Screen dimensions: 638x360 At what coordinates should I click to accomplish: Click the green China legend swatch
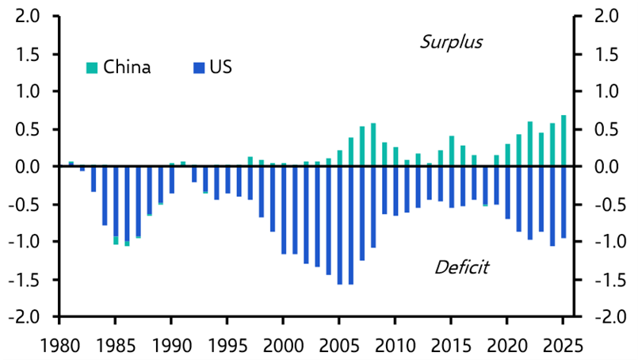click(x=92, y=67)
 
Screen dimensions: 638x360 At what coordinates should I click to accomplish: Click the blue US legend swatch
click(x=199, y=67)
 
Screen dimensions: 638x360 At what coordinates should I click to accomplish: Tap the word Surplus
click(x=451, y=42)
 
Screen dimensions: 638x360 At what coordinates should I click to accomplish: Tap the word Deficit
click(x=462, y=267)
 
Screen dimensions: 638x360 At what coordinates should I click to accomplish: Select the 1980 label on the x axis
click(x=59, y=347)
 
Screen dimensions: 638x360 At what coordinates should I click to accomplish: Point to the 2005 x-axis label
click(x=339, y=347)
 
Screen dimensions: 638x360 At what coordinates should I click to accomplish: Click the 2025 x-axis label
click(x=564, y=347)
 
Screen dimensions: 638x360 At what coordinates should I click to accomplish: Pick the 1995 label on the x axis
click(x=227, y=347)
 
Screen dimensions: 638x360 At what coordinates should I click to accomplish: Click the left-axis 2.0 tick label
click(x=27, y=17)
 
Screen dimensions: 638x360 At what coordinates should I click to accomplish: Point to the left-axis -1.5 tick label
click(x=24, y=280)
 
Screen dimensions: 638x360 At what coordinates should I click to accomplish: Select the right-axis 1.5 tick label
click(x=606, y=55)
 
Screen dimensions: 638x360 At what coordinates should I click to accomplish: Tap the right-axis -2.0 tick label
click(x=609, y=316)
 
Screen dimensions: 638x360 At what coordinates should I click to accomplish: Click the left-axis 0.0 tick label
click(x=27, y=167)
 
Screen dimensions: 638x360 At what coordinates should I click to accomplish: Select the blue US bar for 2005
click(x=340, y=226)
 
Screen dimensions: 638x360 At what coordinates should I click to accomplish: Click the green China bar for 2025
click(x=564, y=141)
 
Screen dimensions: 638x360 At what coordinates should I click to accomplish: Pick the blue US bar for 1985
click(x=116, y=202)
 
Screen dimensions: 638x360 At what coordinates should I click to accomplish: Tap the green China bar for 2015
click(x=452, y=151)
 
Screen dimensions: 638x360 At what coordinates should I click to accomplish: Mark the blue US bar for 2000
click(x=284, y=211)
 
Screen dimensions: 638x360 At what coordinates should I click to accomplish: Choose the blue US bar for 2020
click(x=507, y=193)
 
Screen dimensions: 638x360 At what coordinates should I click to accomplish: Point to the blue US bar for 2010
click(x=395, y=191)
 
